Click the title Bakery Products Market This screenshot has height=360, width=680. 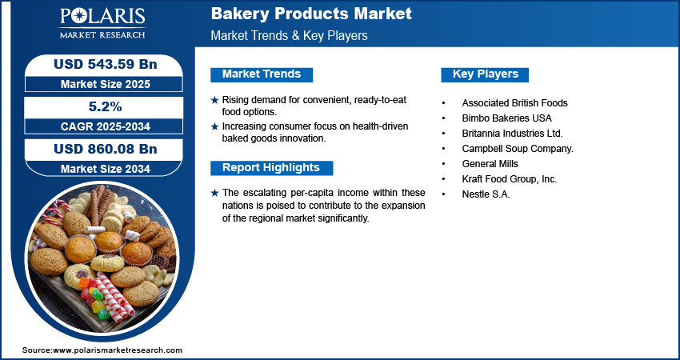click(311, 14)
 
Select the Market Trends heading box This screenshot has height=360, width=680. click(262, 74)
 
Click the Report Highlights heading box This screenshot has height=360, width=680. click(271, 168)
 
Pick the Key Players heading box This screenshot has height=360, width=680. click(485, 74)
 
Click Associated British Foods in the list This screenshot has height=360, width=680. click(514, 103)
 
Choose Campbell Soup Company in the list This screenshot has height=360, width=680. click(517, 149)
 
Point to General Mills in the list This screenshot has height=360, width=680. click(490, 164)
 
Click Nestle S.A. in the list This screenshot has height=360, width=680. click(486, 194)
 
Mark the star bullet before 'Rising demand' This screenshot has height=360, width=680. click(214, 100)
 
